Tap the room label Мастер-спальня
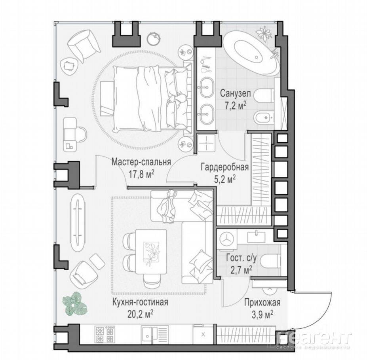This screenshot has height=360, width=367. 141,162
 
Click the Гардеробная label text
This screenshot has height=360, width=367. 225,167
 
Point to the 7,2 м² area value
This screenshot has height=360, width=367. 236,106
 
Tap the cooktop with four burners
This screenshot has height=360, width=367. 105,335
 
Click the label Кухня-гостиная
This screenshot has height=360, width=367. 140,302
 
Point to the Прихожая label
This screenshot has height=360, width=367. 262,303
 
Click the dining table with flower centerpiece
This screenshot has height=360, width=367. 151,251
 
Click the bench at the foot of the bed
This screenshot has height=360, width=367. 107,99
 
